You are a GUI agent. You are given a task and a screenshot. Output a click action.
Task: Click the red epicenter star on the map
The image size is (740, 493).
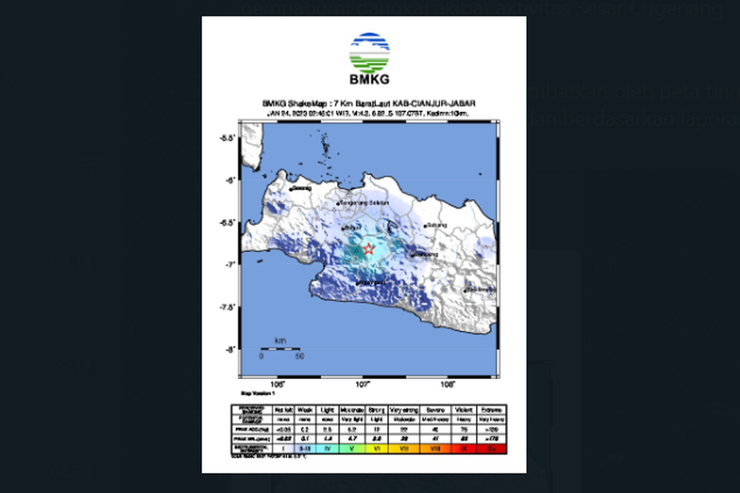pos(369,249)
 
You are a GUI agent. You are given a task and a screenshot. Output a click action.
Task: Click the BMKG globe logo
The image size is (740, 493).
pos(369,53)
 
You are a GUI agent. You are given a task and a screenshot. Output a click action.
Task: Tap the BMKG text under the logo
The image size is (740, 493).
pos(369,79)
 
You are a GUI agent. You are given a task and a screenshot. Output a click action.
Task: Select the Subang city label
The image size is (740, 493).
pos(436,225)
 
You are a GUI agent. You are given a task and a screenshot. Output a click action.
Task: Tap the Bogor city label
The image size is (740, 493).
pos(352,228)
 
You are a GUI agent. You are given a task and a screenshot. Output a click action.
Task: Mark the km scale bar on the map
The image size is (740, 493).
pos(281,349)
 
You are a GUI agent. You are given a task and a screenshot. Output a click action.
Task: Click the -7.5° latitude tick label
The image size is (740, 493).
pos(228,307)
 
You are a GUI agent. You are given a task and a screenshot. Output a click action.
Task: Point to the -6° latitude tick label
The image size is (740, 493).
pos(231,180)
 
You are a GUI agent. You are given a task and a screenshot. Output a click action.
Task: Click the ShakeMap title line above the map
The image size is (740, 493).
pos(369,104)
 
